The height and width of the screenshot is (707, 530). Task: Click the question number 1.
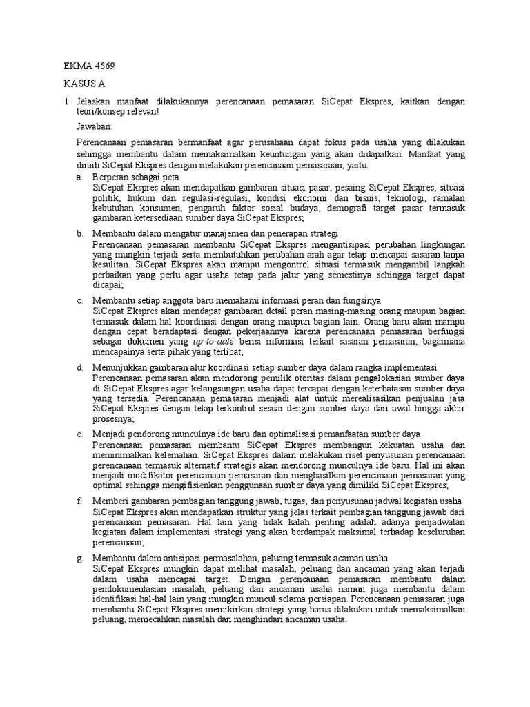tap(67, 101)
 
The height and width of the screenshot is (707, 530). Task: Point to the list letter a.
tap(79, 177)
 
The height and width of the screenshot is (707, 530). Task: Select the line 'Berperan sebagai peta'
tap(135, 177)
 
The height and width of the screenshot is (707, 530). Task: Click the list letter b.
tap(79, 234)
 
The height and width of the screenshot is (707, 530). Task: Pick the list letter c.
tap(79, 301)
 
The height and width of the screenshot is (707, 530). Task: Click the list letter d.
tap(79, 367)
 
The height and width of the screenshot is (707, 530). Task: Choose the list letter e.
tap(79, 434)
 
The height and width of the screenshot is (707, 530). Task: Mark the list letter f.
tap(79, 501)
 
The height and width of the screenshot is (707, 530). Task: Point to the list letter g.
tap(79, 557)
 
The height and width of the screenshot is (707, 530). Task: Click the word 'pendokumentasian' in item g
tap(132, 589)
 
